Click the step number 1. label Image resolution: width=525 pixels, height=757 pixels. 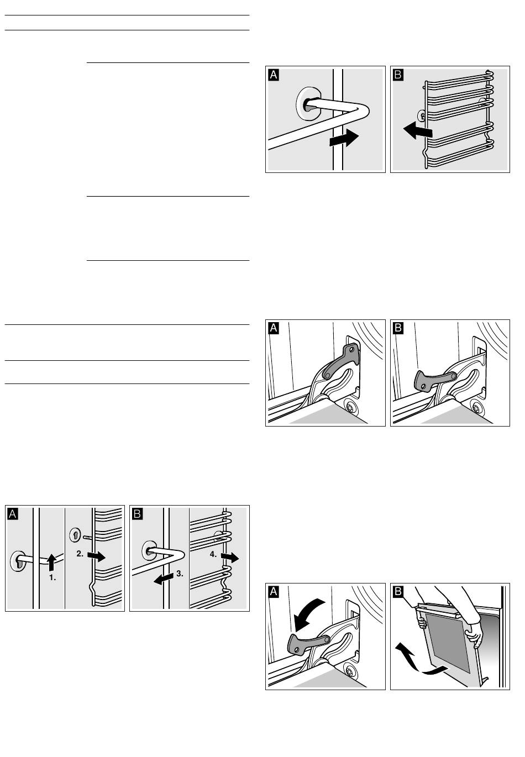point(53,577)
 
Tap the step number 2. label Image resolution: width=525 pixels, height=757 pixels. point(80,554)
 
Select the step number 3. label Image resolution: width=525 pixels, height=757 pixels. point(180,574)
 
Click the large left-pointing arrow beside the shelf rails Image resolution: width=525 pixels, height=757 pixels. point(417,131)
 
